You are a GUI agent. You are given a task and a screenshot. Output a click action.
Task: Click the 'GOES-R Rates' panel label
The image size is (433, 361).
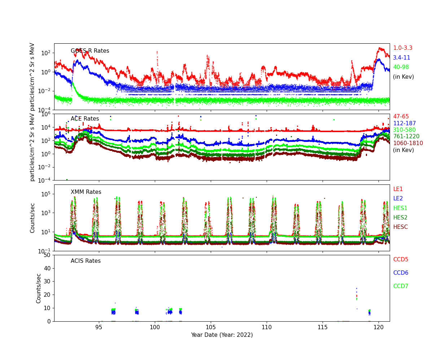click(x=90, y=51)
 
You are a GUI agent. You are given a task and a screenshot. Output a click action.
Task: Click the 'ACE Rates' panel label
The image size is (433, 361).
click(x=85, y=119)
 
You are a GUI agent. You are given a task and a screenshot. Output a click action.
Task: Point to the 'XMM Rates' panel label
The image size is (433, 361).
click(x=86, y=192)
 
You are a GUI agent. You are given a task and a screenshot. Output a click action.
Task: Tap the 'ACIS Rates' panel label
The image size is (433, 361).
click(x=86, y=261)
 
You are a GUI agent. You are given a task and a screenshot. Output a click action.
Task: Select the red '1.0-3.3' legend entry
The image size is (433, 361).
click(x=402, y=48)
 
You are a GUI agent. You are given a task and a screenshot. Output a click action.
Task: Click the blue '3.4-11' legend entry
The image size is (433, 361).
click(x=401, y=58)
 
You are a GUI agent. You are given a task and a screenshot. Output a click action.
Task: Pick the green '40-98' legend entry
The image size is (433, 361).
click(x=401, y=67)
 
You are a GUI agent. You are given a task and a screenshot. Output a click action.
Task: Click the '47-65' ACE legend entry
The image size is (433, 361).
click(x=401, y=117)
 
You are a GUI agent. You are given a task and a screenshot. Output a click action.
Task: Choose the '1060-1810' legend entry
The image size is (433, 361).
click(x=408, y=143)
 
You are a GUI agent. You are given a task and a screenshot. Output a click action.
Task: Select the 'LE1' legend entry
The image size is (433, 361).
click(x=398, y=189)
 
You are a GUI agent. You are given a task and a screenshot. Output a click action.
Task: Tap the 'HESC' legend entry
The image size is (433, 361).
click(x=400, y=227)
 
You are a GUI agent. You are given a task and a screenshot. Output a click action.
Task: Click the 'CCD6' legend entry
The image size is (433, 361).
click(x=401, y=273)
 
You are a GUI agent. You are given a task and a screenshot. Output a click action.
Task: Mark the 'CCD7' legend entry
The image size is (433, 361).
click(x=401, y=286)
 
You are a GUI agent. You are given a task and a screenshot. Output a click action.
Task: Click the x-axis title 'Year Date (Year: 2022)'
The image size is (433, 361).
click(x=222, y=335)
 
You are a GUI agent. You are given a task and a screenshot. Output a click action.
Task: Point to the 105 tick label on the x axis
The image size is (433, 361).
click(x=211, y=327)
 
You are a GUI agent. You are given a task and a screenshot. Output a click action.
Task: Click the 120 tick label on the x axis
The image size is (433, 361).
click(x=379, y=327)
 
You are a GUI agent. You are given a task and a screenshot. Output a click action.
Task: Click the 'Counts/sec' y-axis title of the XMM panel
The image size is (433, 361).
click(x=33, y=218)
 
